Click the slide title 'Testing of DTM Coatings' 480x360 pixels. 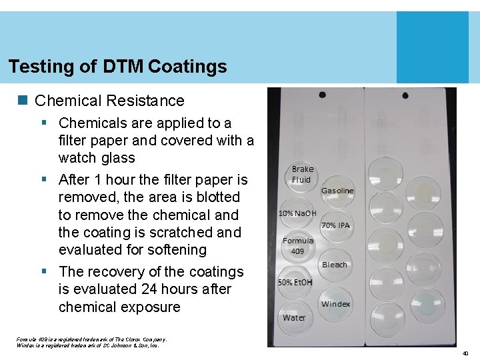point(117,67)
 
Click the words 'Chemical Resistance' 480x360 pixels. point(109,101)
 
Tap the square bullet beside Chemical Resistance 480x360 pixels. point(22,100)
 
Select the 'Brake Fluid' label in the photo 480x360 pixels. point(302,175)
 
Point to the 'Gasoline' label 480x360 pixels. point(337,191)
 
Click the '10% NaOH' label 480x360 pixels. point(297,213)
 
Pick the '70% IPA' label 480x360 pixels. point(335,225)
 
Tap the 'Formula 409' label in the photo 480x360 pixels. point(297,246)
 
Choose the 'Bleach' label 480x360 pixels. point(335,265)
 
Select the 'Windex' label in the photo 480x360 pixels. point(335,304)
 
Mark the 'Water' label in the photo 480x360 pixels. point(294,317)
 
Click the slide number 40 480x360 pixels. point(467,353)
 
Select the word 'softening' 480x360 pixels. point(176,250)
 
